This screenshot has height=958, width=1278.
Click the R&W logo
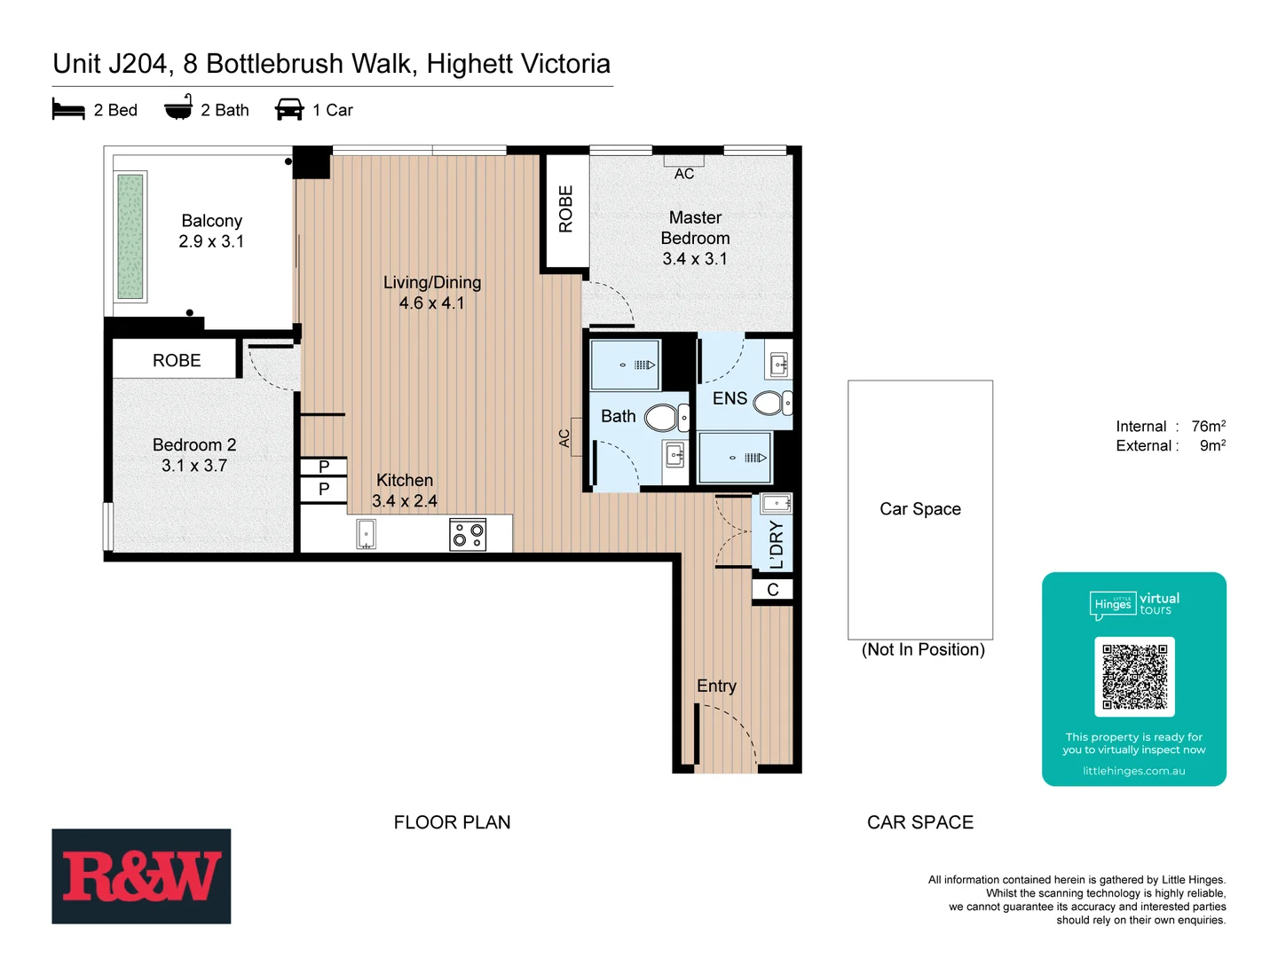[x=141, y=876]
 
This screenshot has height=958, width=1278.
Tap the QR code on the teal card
[x=1134, y=677]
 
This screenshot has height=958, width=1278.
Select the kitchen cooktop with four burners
[x=468, y=535]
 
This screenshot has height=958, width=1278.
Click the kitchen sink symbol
[x=366, y=534]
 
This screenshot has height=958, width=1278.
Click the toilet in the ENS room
[x=771, y=404]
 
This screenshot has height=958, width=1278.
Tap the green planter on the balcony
[x=130, y=237]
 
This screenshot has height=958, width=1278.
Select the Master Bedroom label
[x=695, y=228]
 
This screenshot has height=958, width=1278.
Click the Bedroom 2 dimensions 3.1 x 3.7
[x=194, y=466]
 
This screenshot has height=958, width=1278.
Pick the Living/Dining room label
[x=432, y=282]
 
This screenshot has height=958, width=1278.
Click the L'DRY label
[x=777, y=544]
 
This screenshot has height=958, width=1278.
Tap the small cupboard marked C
[x=772, y=590]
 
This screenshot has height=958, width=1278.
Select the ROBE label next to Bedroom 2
[x=177, y=360]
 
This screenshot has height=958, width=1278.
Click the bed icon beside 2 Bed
[x=68, y=109]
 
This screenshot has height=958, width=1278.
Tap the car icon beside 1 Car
[x=289, y=109]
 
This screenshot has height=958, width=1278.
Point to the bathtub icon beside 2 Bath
[x=178, y=108]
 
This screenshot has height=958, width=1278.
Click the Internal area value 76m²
[x=1208, y=427]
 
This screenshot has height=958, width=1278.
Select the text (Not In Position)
[x=923, y=649]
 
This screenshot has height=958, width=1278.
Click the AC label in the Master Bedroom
[x=684, y=174]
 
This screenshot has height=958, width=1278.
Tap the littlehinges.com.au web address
[x=1133, y=771]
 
